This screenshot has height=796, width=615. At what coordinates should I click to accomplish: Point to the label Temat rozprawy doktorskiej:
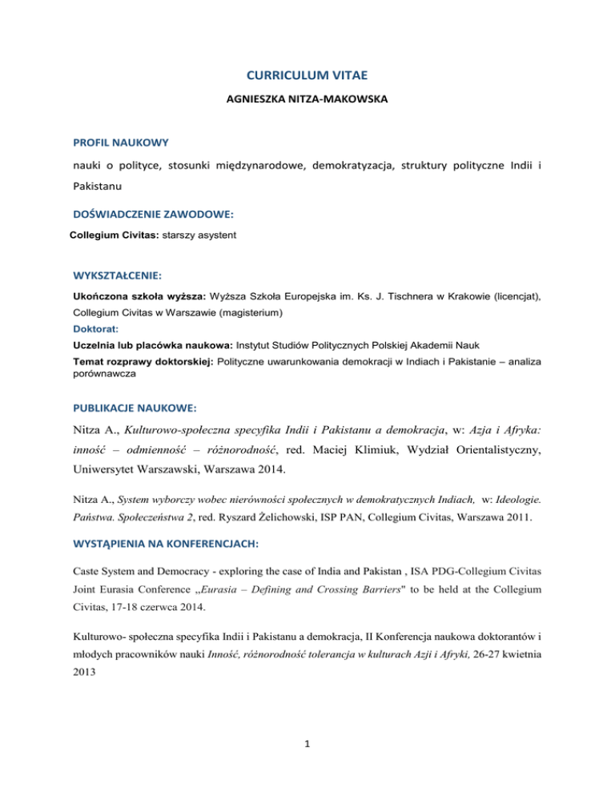[x=151, y=361]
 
